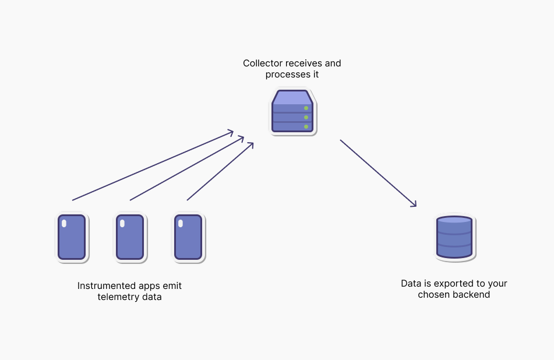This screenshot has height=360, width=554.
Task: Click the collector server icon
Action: coord(292,112)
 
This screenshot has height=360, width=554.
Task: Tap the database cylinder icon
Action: coord(454,237)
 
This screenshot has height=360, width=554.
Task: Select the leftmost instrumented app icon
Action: coord(72,237)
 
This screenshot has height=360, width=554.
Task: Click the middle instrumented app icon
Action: coord(129,237)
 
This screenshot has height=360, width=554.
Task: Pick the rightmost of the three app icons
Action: coord(188,237)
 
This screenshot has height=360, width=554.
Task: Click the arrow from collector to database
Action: coord(378,173)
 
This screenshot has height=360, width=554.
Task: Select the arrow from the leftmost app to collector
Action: coord(153,165)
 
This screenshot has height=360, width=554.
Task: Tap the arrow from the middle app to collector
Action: coord(186,169)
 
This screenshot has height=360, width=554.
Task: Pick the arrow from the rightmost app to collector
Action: coord(220,171)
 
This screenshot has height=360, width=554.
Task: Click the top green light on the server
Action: coord(306,108)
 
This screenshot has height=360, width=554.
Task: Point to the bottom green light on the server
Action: coord(306,126)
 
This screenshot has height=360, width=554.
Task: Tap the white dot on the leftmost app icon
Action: coord(64,223)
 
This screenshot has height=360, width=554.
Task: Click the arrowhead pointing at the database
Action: coord(414,204)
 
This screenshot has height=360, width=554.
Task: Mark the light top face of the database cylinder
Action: coord(454,220)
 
